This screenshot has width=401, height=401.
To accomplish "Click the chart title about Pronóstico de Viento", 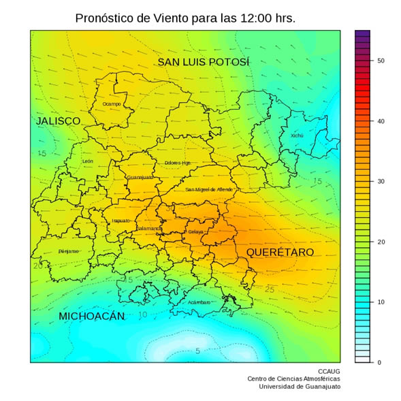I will coord(185,18).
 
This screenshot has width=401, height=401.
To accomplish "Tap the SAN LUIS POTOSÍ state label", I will coord(204,62).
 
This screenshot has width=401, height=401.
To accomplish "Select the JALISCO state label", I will coord(58,121).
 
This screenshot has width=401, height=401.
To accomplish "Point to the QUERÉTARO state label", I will coord(280,252).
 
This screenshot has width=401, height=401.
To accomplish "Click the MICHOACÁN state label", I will coord(91,316).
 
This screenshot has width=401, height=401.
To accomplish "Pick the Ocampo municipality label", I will coord(111,103).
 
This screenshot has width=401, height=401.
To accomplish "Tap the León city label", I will coord(87,161).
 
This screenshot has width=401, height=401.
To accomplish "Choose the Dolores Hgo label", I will coord(177,163).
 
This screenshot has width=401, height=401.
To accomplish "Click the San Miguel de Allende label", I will coord(209,189).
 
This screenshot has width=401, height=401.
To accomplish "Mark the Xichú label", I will coord(297,135).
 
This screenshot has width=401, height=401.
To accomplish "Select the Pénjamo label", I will coord(68,251).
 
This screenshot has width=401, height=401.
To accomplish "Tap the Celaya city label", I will coord(195,232).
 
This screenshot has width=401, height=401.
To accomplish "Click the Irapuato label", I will coord(121,221).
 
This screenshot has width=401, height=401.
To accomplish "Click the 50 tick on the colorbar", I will coord(381,61).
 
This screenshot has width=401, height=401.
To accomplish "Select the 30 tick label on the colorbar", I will coord(381,182).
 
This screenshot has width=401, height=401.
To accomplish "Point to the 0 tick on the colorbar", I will coord(379,362).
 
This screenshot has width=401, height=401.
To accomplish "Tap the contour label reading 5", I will coord(197,351).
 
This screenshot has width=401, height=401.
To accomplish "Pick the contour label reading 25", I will coord(270,290).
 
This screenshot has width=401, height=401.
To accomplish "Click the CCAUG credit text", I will coord(328,371).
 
